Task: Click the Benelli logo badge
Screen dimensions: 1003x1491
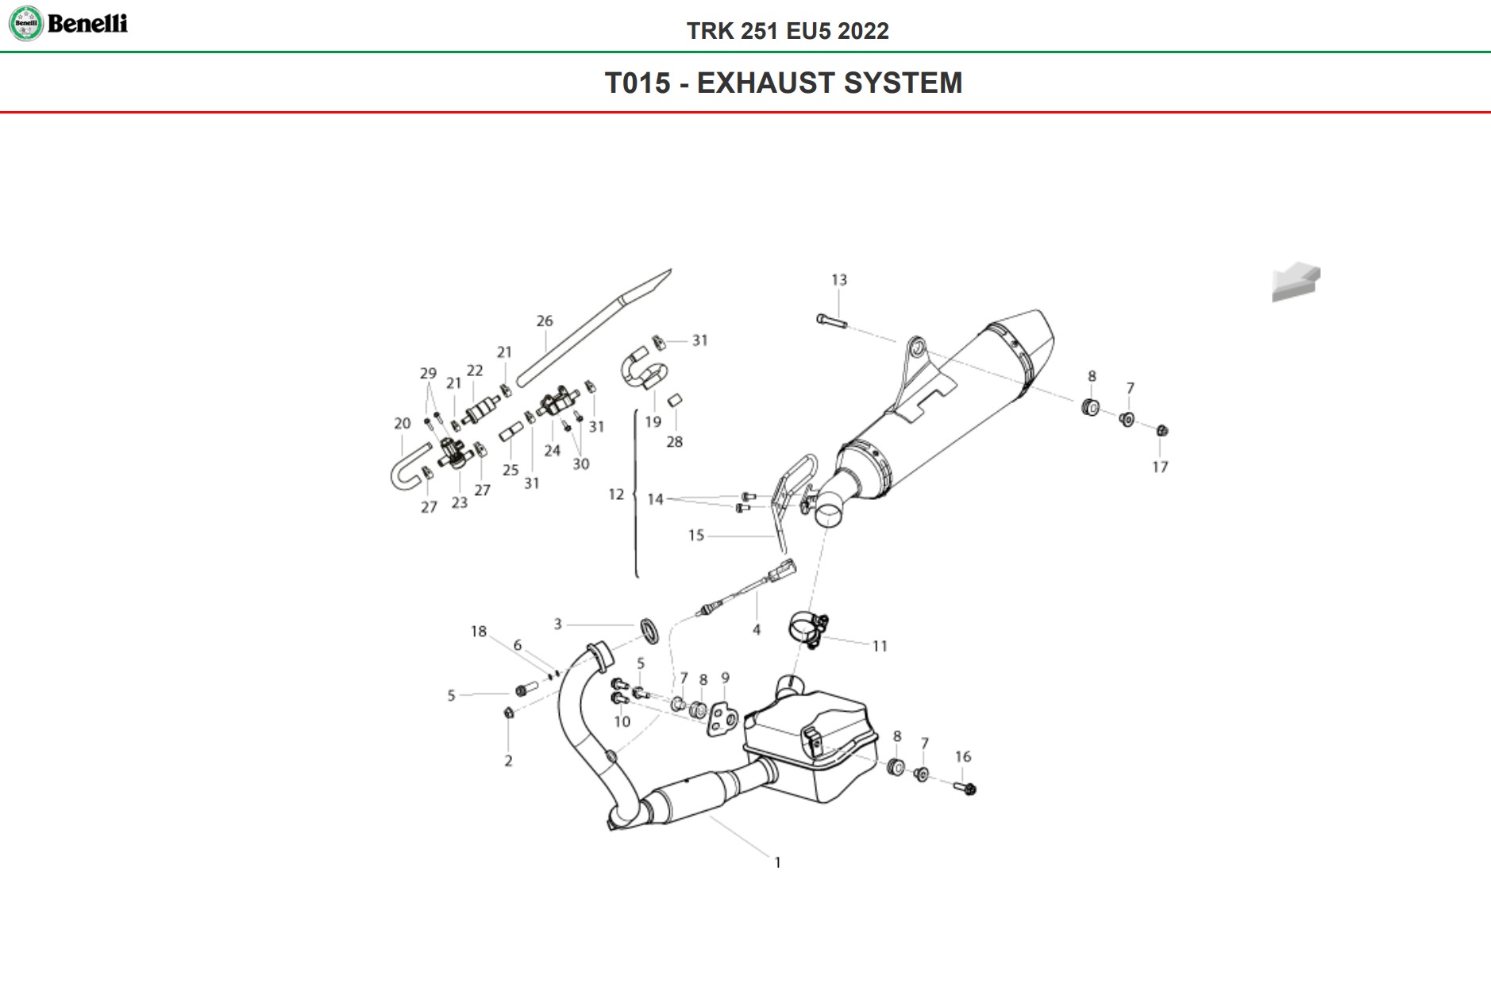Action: (25, 24)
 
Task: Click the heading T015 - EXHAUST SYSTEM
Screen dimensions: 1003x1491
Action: (784, 83)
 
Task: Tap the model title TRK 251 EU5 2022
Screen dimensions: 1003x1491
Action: (788, 31)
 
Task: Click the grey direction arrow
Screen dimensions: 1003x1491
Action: (1295, 282)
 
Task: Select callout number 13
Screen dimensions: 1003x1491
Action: (839, 280)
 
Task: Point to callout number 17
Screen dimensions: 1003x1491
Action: (1160, 467)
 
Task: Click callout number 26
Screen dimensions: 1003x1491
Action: (544, 321)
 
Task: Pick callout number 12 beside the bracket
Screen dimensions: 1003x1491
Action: (616, 494)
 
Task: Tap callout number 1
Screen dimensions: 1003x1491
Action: (778, 863)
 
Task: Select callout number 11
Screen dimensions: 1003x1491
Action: (880, 647)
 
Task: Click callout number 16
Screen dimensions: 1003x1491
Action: (963, 757)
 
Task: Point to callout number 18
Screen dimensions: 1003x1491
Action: (478, 632)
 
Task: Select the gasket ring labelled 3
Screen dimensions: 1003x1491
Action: (650, 629)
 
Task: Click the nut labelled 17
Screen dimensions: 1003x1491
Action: (1162, 431)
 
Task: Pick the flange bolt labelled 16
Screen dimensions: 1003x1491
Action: (968, 789)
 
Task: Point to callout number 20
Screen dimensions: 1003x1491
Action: (403, 424)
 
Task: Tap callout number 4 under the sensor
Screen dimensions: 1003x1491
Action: (757, 630)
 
